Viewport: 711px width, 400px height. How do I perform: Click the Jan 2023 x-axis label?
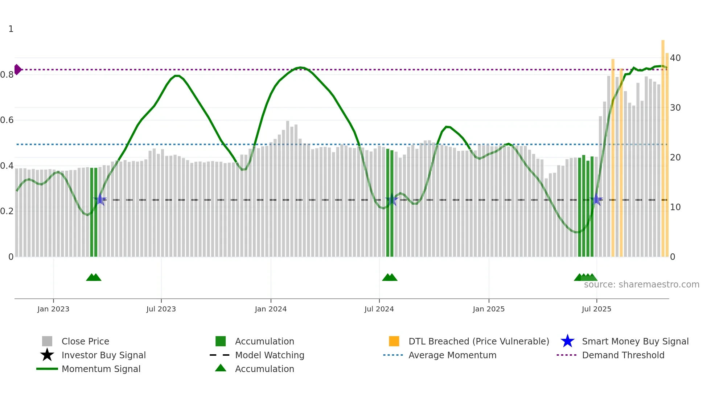click(x=53, y=309)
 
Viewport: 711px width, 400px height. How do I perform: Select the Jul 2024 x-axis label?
click(x=379, y=309)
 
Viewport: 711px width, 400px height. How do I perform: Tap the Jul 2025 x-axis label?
click(x=596, y=309)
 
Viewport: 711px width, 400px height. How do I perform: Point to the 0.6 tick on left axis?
click(x=7, y=120)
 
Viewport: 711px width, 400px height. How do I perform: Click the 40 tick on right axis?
click(x=675, y=58)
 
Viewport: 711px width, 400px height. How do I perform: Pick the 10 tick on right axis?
click(x=675, y=207)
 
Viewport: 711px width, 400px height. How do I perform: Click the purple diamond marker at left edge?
click(x=17, y=69)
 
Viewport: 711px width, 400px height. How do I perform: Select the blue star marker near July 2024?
click(x=391, y=200)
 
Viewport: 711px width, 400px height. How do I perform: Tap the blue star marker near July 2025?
click(x=596, y=200)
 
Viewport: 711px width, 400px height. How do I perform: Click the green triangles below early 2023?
click(x=94, y=277)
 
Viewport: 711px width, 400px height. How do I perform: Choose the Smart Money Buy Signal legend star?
click(x=567, y=341)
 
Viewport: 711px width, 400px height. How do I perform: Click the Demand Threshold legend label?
click(x=623, y=355)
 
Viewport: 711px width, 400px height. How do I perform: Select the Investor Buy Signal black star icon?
click(x=47, y=355)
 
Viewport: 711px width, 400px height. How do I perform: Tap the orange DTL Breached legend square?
click(x=394, y=341)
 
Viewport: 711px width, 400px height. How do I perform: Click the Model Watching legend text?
click(x=270, y=355)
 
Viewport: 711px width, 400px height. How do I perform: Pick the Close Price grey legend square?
click(x=47, y=341)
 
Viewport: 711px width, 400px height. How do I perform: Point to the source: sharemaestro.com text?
click(x=641, y=285)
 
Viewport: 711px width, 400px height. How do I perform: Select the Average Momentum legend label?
click(x=452, y=355)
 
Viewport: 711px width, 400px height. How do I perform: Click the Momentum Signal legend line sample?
click(x=47, y=369)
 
